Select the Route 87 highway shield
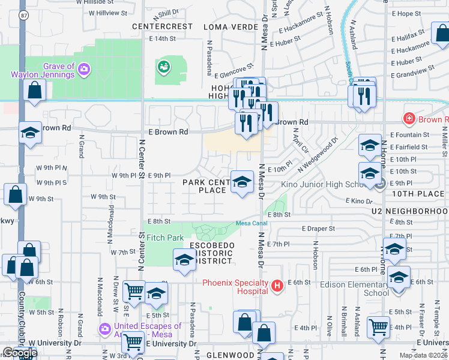22,17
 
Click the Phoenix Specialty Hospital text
235,287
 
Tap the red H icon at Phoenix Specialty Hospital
277,286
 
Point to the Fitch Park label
165,238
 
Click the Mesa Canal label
251,223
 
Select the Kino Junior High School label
322,184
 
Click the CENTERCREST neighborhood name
162,26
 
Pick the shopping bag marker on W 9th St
15,194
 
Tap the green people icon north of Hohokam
163,67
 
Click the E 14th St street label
162,38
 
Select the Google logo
20,353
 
